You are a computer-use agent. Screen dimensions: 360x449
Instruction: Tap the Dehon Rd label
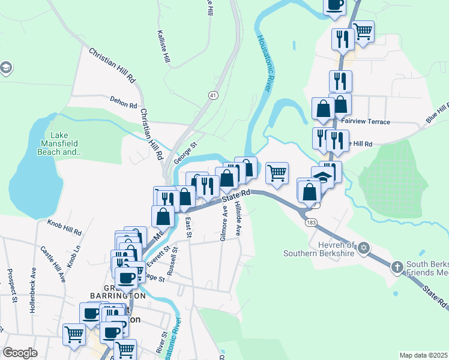click(x=124, y=103)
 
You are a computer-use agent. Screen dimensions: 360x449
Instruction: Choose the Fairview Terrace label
click(x=365, y=122)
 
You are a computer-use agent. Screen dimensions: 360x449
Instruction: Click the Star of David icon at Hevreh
click(x=363, y=247)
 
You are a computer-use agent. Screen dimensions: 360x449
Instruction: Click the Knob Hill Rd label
click(x=64, y=227)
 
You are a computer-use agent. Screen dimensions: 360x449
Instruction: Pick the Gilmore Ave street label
click(x=223, y=223)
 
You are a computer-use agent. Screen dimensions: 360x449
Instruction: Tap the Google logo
click(x=20, y=353)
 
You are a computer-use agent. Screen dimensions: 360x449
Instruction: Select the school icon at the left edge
click(x=5, y=67)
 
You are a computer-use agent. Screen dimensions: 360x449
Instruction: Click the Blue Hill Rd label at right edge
click(x=437, y=113)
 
